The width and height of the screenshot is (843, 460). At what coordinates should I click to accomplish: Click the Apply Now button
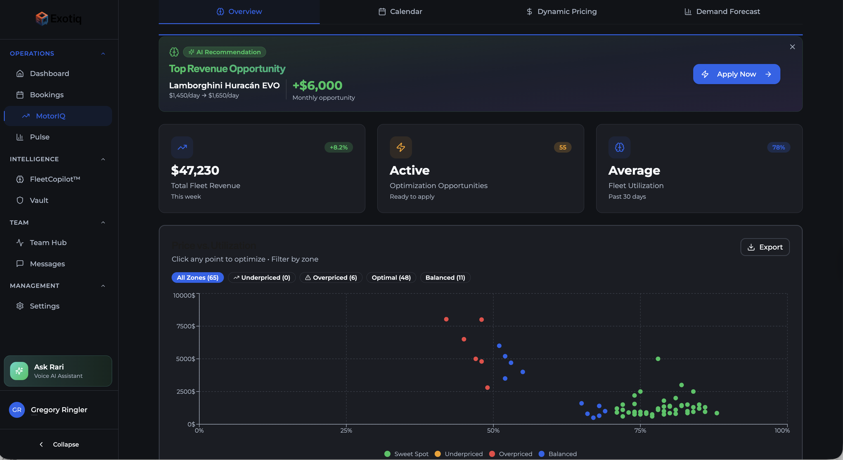click(x=736, y=74)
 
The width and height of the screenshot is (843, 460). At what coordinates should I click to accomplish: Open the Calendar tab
click(x=400, y=11)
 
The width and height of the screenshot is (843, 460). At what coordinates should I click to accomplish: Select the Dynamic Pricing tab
click(x=561, y=11)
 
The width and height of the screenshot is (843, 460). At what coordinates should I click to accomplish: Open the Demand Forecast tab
click(x=722, y=11)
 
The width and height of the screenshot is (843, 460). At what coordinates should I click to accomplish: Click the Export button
click(x=765, y=247)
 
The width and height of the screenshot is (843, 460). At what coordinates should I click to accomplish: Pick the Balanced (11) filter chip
click(x=445, y=278)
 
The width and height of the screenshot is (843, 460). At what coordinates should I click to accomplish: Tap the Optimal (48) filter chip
click(x=391, y=278)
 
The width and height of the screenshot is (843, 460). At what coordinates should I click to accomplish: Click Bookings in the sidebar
click(x=47, y=95)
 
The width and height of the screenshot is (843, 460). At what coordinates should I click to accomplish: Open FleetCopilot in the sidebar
click(x=55, y=179)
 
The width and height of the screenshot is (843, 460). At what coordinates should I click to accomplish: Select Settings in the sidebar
click(x=44, y=306)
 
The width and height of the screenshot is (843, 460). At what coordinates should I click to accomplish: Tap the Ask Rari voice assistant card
click(x=58, y=371)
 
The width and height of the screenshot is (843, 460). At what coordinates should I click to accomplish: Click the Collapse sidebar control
click(x=59, y=444)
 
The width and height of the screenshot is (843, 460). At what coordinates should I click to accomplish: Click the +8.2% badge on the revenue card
click(x=338, y=147)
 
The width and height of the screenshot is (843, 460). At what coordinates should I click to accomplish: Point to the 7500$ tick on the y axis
click(x=186, y=326)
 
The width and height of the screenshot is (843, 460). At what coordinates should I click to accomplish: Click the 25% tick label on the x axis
click(x=346, y=431)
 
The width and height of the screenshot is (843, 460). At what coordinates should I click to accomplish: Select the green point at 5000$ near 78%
click(x=658, y=359)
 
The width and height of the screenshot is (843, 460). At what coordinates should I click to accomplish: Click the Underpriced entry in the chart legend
click(x=463, y=454)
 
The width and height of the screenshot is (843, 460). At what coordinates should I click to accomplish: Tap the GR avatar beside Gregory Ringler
click(x=17, y=410)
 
